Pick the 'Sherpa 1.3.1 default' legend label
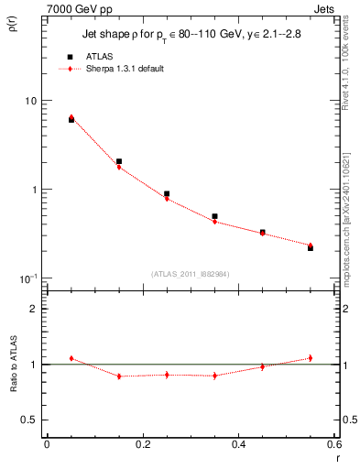pyautogui.click(x=125, y=69)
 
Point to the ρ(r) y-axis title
pyautogui.click(x=12, y=23)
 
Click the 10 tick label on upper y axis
pyautogui.click(x=30, y=101)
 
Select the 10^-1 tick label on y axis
pyautogui.click(x=27, y=278)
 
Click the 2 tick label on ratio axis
pyautogui.click(x=33, y=309)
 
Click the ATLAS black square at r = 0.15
pyautogui.click(x=119, y=161)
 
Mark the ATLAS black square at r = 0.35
pyautogui.click(x=214, y=216)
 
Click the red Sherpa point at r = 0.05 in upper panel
pyautogui.click(x=71, y=117)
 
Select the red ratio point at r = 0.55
pyautogui.click(x=311, y=358)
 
